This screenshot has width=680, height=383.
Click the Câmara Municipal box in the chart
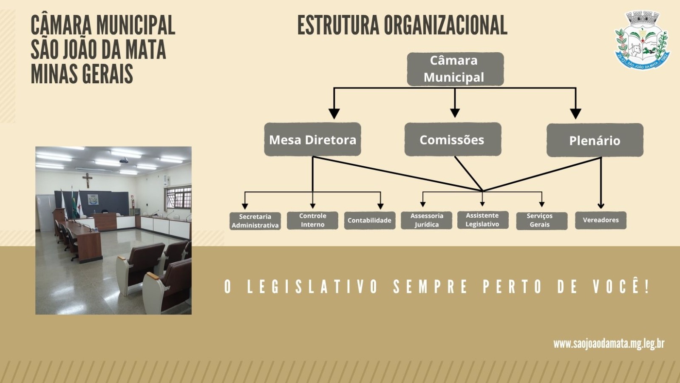(x=455, y=69)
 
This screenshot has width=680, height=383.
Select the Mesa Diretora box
(x=312, y=139)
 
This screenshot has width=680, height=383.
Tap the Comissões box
(x=453, y=139)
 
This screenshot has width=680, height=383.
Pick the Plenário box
(x=595, y=140)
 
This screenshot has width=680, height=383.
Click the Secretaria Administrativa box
(x=255, y=221)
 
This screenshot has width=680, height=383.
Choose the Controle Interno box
(x=312, y=220)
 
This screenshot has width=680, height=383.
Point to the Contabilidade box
(x=369, y=220)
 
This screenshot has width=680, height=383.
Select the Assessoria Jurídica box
(x=426, y=220)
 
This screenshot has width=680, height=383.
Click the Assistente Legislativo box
(x=482, y=220)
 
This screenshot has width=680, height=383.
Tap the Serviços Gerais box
(x=541, y=221)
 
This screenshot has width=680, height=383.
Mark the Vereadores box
(x=601, y=220)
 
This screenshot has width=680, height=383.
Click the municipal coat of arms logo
(x=642, y=41)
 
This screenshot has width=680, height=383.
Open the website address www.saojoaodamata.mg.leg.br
(x=609, y=343)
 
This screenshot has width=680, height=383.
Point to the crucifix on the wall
(x=88, y=180)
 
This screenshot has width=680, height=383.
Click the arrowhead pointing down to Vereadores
(x=601, y=206)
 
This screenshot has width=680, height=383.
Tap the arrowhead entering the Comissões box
(x=455, y=113)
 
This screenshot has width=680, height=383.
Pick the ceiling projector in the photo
(x=123, y=160)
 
